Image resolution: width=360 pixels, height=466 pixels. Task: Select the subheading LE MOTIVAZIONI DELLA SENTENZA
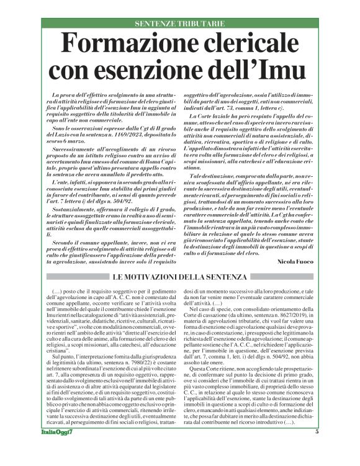point(179,276)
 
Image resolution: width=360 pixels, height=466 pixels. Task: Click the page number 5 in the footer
point(317,449)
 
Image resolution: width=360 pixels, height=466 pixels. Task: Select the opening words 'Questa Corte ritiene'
point(220,367)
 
